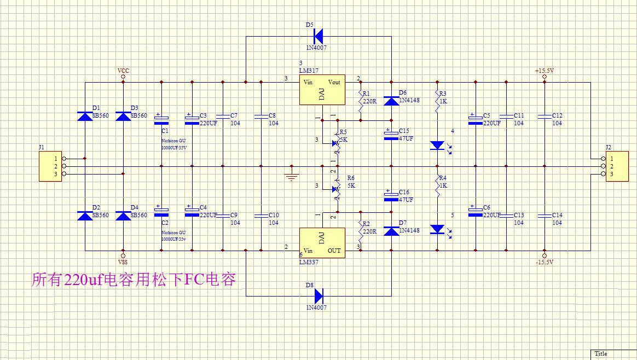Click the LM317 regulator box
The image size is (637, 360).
pyautogui.click(x=322, y=89)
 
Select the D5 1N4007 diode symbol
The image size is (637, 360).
pyautogui.click(x=319, y=36)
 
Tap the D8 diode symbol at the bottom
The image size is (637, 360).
pyautogui.click(x=319, y=296)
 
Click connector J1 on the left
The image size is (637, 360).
pyautogui.click(x=50, y=166)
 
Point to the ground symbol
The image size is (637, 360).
pyautogui.click(x=292, y=176)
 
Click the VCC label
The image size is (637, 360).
pyautogui.click(x=123, y=71)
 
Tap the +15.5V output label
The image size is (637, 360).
pyautogui.click(x=545, y=71)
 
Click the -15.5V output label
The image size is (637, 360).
pyautogui.click(x=545, y=262)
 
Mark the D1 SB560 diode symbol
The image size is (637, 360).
pyautogui.click(x=85, y=116)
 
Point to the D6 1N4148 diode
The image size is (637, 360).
pyautogui.click(x=391, y=101)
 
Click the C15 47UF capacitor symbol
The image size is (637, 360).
pyautogui.click(x=391, y=135)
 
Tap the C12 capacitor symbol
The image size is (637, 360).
pyautogui.click(x=545, y=116)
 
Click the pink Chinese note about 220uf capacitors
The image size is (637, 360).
pyautogui.click(x=135, y=280)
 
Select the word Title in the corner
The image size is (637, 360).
pyautogui.click(x=600, y=353)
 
